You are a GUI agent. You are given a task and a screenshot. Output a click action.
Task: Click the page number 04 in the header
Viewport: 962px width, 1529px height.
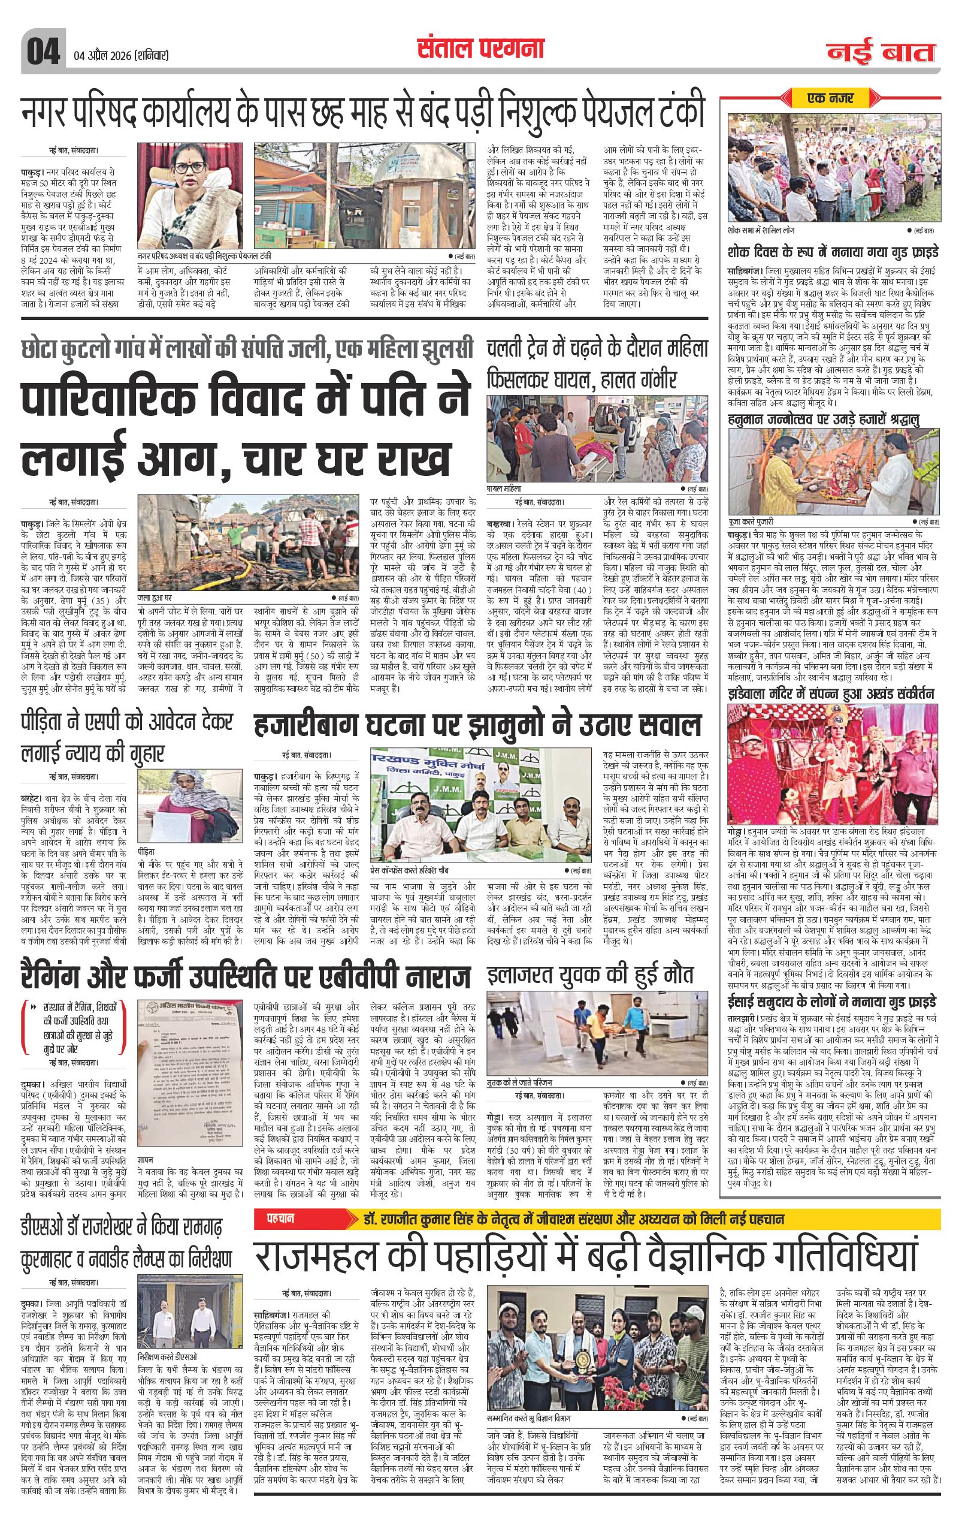(x=41, y=50)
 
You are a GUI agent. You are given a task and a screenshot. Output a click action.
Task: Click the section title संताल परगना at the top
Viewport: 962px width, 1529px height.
(x=480, y=49)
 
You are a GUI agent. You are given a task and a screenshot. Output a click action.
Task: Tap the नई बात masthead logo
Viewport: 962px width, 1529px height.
(x=880, y=52)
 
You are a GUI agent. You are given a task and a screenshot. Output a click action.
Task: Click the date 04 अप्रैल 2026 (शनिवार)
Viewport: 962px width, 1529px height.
(x=119, y=55)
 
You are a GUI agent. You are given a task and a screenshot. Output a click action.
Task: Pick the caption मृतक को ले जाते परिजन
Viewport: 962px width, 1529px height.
(x=520, y=1081)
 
